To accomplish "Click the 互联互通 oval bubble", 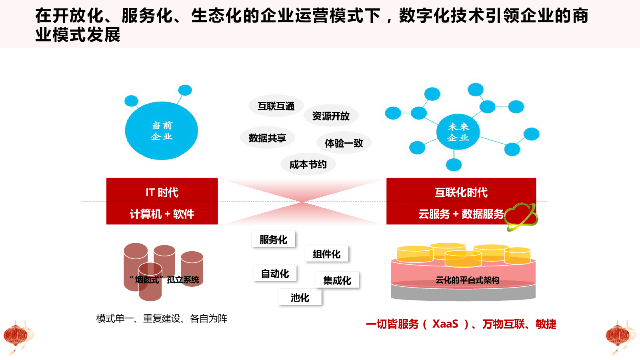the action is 276,106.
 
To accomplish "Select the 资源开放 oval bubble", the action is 331,116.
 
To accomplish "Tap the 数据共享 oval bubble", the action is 268,138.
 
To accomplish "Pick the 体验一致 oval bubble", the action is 344,143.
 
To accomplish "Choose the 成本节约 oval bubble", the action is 308,164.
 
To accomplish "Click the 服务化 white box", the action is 274,240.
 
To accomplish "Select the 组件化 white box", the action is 326,254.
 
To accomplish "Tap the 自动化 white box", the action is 275,274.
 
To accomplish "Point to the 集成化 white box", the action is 337,280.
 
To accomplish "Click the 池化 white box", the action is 300,298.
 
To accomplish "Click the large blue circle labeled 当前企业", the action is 162,130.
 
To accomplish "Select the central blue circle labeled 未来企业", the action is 458,132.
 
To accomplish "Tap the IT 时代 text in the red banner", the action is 162,192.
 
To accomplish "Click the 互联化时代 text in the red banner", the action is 461,192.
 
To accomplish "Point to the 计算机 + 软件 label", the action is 162,214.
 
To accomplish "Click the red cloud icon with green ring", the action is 521,217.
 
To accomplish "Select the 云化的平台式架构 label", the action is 468,280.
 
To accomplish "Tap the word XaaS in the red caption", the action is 445,324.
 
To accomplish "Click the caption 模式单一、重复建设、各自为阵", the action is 162,318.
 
